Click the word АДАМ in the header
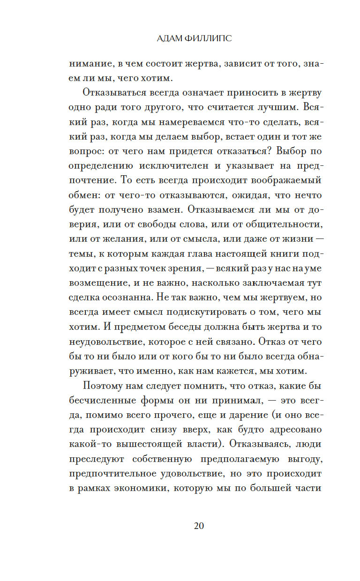pos(171,39)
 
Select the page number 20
pos(198,525)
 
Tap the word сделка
pos(87,298)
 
